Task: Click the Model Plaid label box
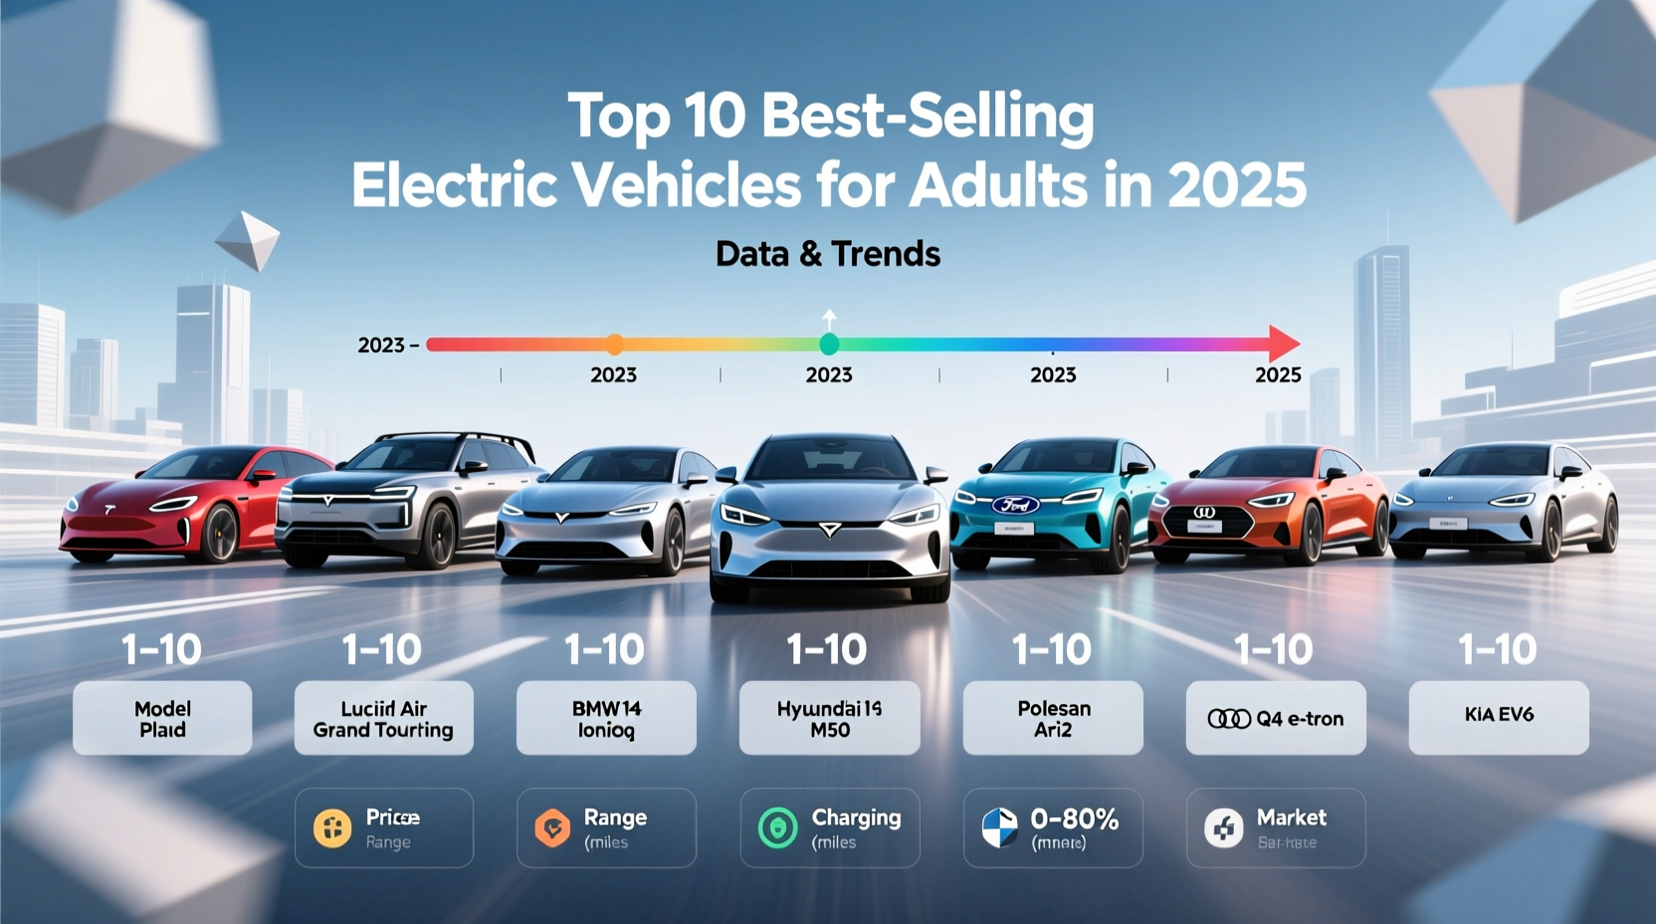coord(162,718)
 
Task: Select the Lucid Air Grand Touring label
coord(383,718)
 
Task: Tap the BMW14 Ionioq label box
coord(606,718)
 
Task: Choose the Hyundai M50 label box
coord(829,718)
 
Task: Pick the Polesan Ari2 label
coord(1053,718)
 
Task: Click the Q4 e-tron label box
coord(1276,718)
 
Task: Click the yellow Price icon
coord(332,828)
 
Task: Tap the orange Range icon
coord(552,828)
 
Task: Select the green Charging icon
coord(777,828)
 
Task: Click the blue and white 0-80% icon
coord(1000,828)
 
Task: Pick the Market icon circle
coord(1223,828)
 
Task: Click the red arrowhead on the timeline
coord(1285,344)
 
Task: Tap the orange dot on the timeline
coord(615,345)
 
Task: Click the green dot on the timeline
coord(829,345)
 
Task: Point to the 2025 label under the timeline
coord(1278,375)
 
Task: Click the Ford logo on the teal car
coord(1014,505)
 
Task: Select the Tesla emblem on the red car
coord(109,510)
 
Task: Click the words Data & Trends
coord(828,255)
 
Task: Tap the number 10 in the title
coord(714,115)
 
